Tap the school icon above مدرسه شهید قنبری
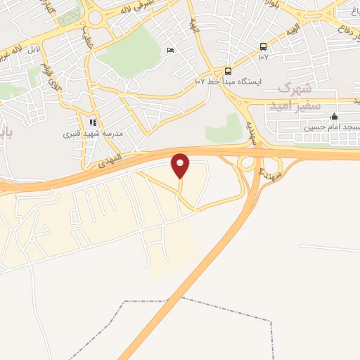click(93, 122)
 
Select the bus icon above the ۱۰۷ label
click(263, 47)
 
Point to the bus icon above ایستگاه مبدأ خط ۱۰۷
click(228, 71)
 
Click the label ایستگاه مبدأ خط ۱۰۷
click(229, 82)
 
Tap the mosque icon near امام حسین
click(334, 117)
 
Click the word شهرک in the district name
click(294, 89)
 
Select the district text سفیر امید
click(299, 103)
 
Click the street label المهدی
click(105, 163)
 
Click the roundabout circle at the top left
click(95, 17)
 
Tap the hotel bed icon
click(169, 51)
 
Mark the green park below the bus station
click(224, 128)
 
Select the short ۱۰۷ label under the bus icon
click(263, 58)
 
